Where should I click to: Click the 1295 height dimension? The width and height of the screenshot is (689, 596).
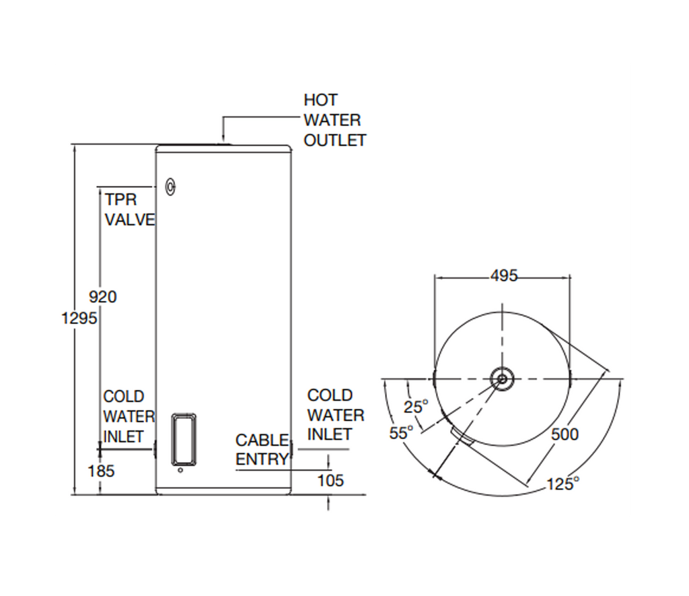coord(80,318)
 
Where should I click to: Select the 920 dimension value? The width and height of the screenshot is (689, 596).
coord(103,296)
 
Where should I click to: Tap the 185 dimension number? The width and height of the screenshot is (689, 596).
coord(102,471)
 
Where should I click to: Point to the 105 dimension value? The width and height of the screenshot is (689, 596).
coord(330,480)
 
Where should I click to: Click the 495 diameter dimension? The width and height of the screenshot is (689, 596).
coord(504,275)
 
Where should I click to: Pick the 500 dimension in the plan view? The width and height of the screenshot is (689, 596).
coord(565,434)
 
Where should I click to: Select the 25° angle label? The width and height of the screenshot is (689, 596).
coord(416,407)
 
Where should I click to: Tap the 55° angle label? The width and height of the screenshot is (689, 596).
coord(401,433)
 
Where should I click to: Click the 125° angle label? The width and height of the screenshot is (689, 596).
coord(563,483)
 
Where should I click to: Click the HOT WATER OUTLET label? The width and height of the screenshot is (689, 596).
coord(334,120)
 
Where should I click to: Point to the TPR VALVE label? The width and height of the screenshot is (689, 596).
coord(129,209)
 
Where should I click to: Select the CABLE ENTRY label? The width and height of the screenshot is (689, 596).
coord(262,449)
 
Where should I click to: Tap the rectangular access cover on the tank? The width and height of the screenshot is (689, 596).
coord(183,438)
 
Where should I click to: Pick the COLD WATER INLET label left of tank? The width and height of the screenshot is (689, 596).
coord(129,416)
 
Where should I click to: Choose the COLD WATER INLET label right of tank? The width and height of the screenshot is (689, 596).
coord(335,415)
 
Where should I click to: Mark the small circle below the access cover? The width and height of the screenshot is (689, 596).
coord(180,471)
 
